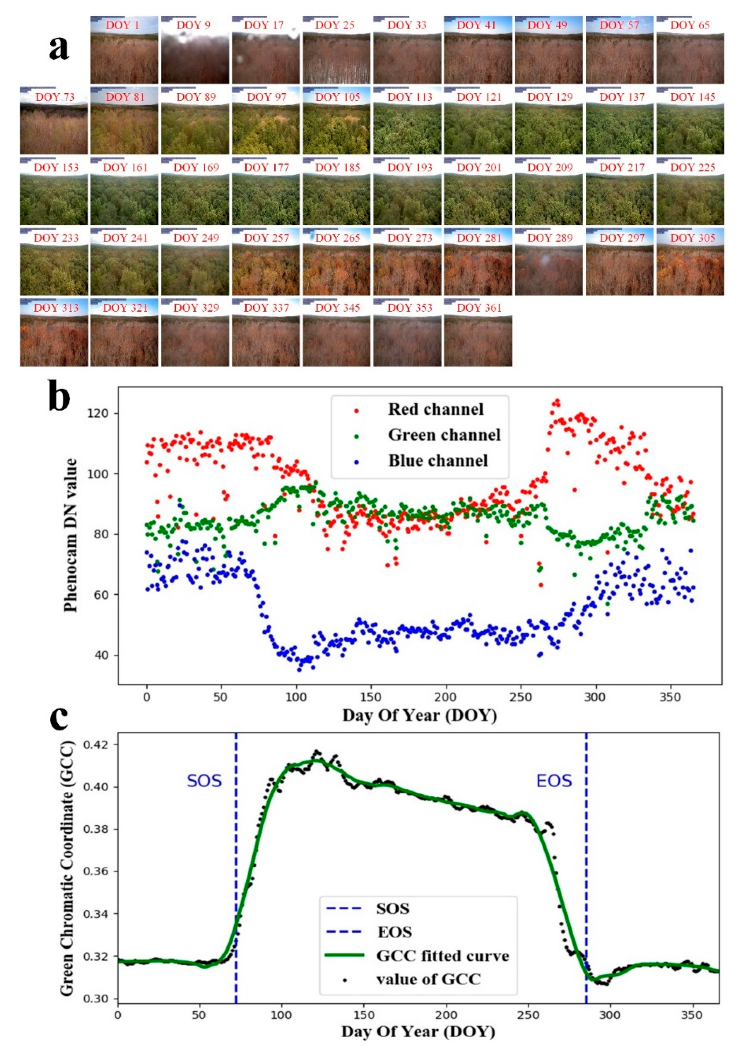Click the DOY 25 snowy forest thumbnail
click(336, 50)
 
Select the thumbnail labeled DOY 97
click(266, 120)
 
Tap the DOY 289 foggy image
click(548, 262)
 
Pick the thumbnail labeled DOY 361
click(478, 332)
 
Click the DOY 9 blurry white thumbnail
click(195, 50)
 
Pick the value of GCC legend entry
click(428, 979)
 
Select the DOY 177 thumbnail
click(266, 191)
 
